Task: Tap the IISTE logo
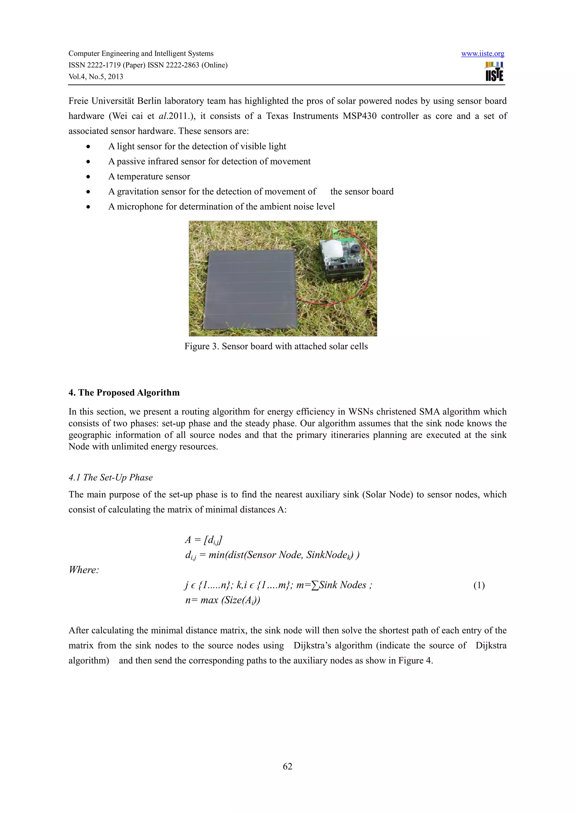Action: (494, 72)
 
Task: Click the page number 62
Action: (287, 766)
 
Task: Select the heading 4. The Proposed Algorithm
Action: (124, 393)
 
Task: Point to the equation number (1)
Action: (479, 585)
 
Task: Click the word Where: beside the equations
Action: (84, 570)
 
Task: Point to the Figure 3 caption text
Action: (276, 346)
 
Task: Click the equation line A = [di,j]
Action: (204, 540)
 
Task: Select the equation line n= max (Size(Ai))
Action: (222, 600)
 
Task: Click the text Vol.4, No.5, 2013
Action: (96, 77)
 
